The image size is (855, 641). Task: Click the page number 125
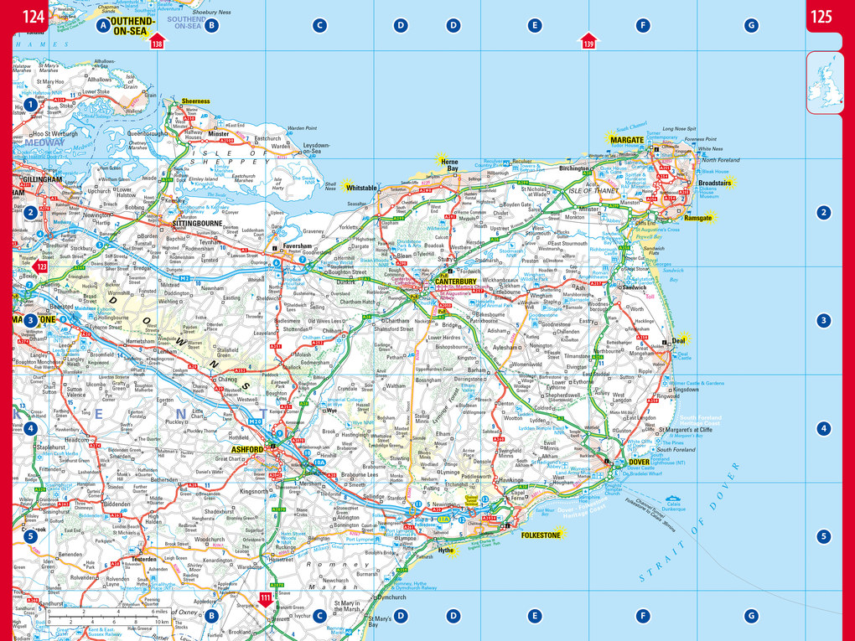click(821, 15)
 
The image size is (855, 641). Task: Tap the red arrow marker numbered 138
click(157, 42)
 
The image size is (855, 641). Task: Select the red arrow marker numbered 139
click(588, 42)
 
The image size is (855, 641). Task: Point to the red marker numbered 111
click(266, 598)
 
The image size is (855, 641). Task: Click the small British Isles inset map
click(826, 82)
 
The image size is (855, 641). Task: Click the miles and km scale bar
click(109, 617)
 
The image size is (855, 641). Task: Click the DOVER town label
click(639, 462)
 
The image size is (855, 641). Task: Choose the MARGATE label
click(626, 139)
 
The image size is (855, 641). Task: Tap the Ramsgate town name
click(697, 217)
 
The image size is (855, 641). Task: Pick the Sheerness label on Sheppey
click(196, 101)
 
